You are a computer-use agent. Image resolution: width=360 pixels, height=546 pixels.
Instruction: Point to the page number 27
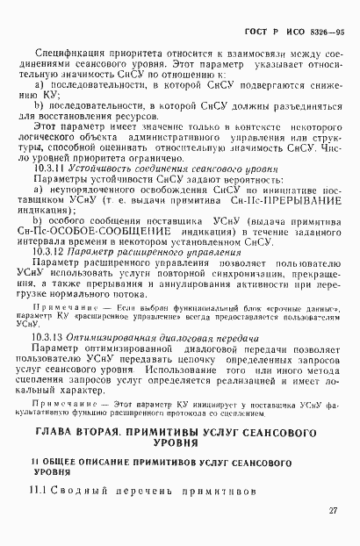pyautogui.click(x=334, y=511)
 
